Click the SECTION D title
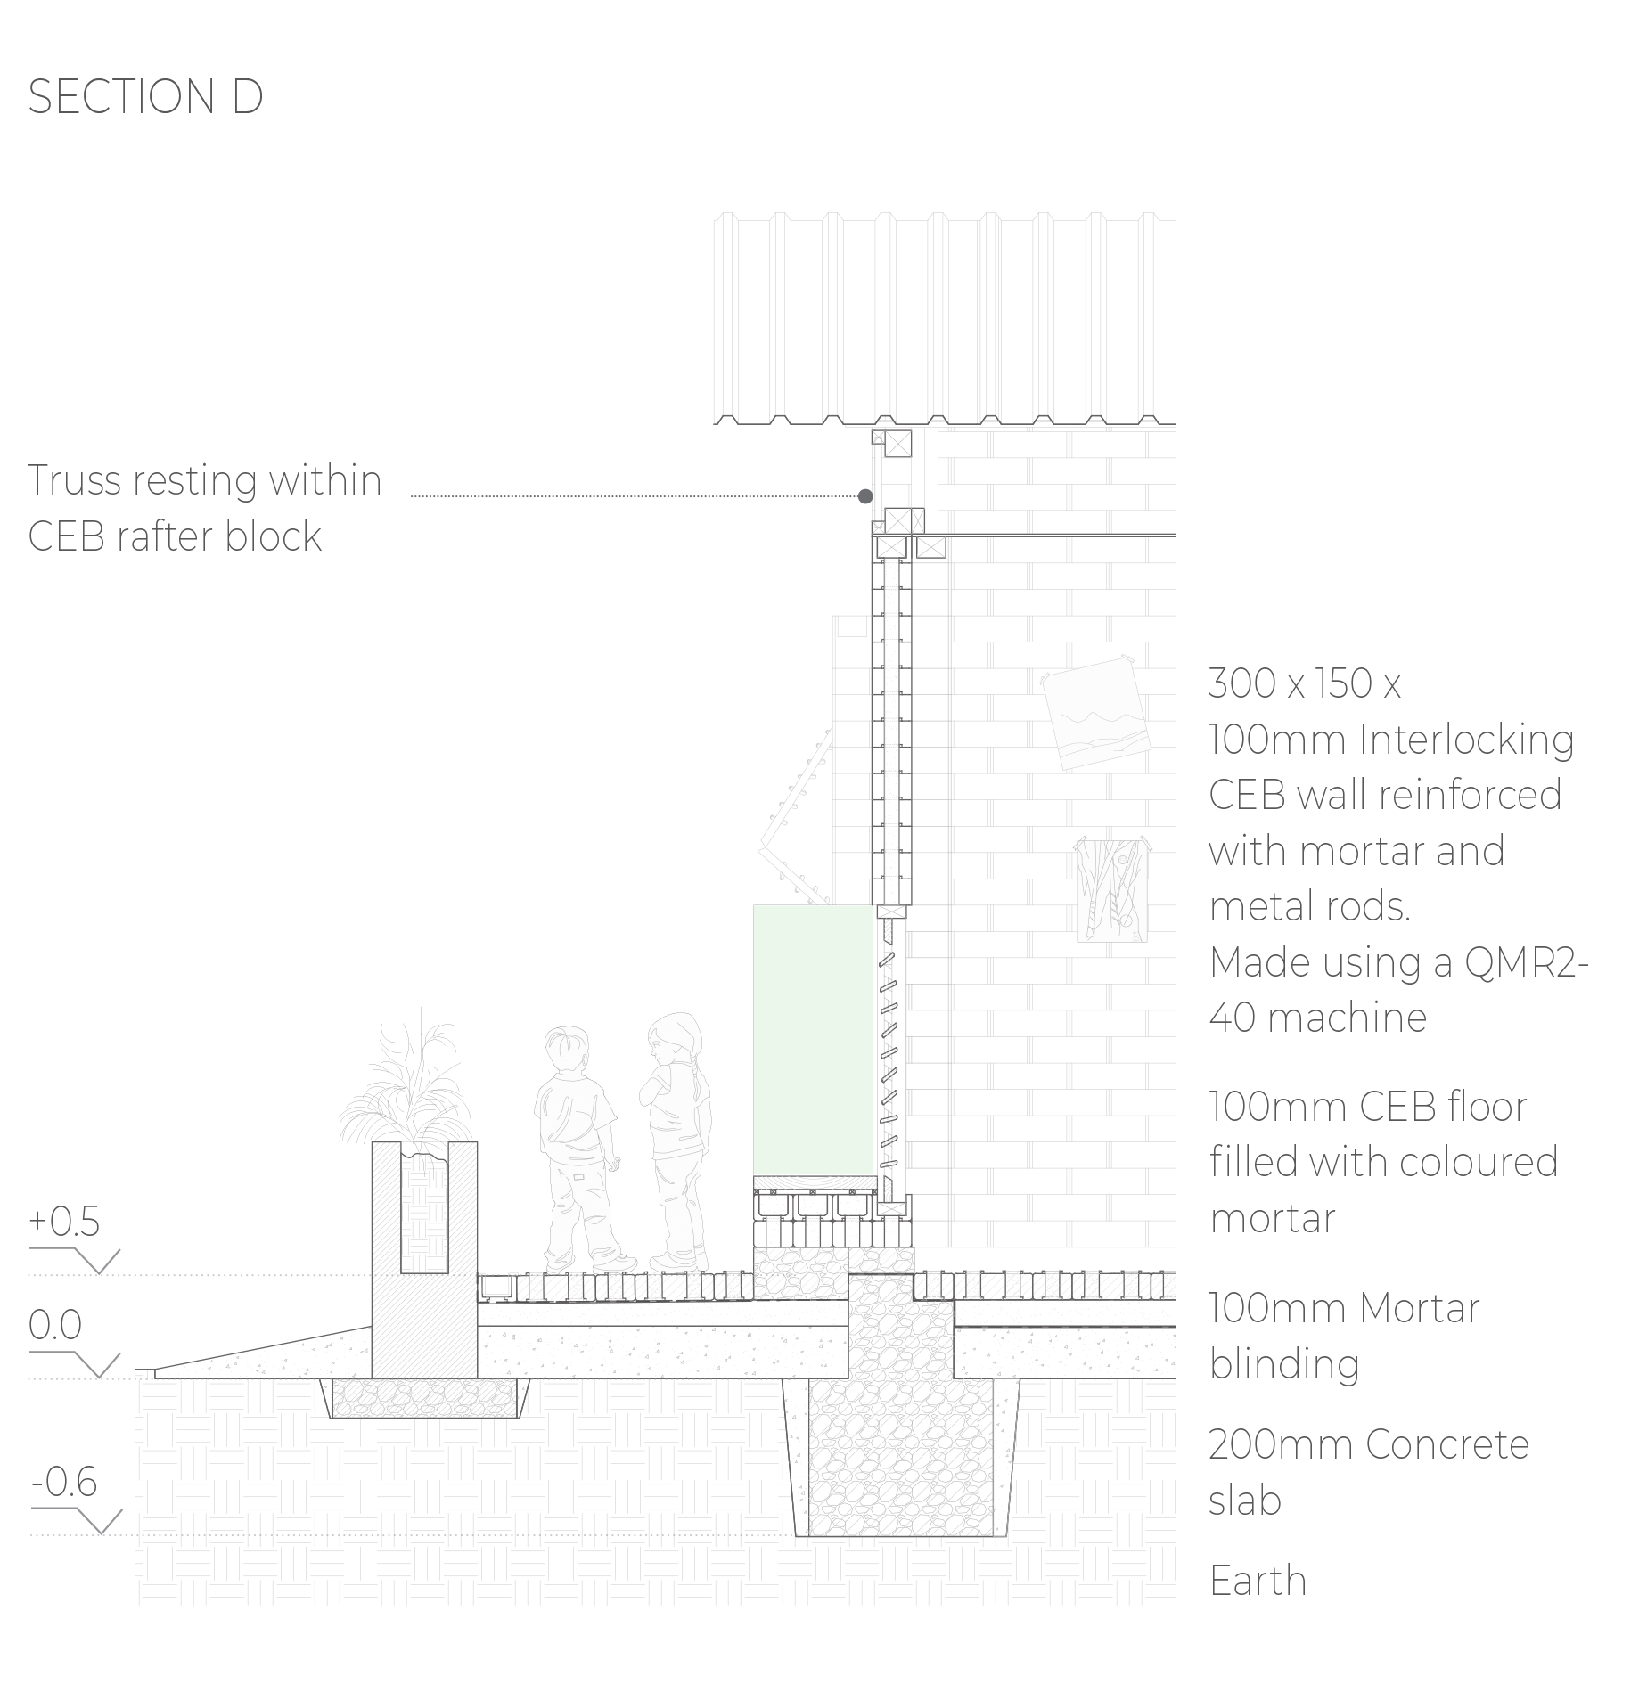pos(145,96)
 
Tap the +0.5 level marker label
pos(64,1221)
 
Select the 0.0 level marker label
pos(55,1325)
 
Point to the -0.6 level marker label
pos(64,1482)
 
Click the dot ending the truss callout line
pos(864,496)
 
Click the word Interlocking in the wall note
pos(1466,740)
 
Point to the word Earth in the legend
pos(1258,1581)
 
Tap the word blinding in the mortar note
pos(1284,1364)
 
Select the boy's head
pos(567,1051)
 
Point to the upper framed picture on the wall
pos(1095,714)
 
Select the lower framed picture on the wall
pos(1111,889)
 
